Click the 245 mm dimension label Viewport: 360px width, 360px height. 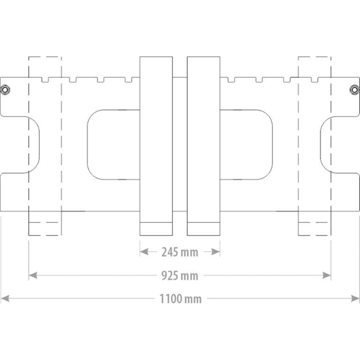tap(180, 252)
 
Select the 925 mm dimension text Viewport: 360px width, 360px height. tap(180, 276)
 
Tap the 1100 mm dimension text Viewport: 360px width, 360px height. tap(180, 299)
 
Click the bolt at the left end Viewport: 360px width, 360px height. tap(5, 90)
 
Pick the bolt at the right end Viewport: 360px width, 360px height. tap(354, 90)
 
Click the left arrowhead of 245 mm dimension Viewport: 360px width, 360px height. tap(144, 252)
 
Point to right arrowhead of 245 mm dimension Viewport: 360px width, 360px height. tap(216, 252)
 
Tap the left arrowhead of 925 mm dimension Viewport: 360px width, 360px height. tap(33, 275)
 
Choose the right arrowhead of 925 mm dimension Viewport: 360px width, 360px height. tap(326, 275)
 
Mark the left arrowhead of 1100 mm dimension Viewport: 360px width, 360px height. tap(5, 299)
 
